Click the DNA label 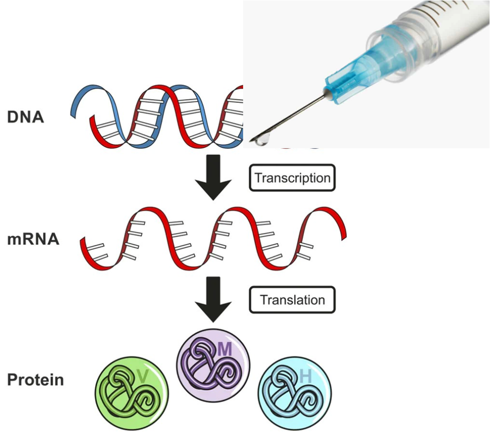tap(25, 117)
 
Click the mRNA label tap(33, 239)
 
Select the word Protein tap(35, 380)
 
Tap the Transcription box tap(292, 178)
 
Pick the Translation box tap(292, 300)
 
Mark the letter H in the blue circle tap(305, 376)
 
